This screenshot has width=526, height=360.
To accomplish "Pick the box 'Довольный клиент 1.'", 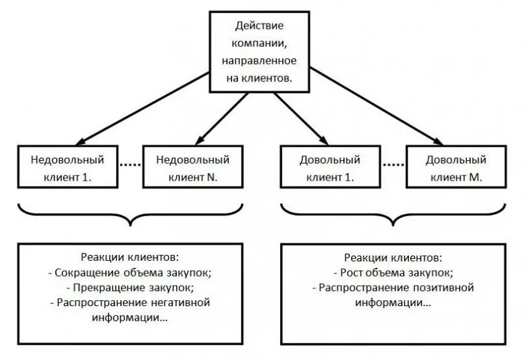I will click(x=330, y=169).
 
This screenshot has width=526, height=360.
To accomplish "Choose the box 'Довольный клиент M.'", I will click(x=456, y=169).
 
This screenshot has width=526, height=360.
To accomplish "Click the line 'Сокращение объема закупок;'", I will click(x=133, y=272).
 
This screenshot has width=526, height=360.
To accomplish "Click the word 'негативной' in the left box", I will click(x=178, y=302).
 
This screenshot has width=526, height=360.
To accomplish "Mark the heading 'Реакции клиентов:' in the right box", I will click(x=393, y=257).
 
